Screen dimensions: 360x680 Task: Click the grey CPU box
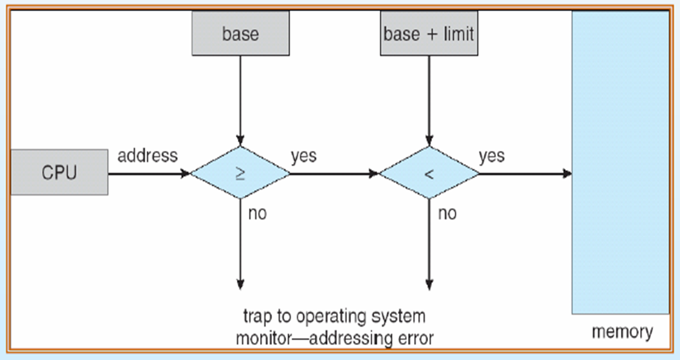coord(59,172)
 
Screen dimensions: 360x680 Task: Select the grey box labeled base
coord(241,34)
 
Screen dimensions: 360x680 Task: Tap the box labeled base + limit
coord(429,34)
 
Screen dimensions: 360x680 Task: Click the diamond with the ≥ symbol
coord(241,173)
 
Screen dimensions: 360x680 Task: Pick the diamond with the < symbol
coord(429,173)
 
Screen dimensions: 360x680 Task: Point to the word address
coord(147,156)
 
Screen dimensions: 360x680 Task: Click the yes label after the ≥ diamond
coord(303,156)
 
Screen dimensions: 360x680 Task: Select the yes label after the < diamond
coord(492,156)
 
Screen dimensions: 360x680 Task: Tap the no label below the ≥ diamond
coord(257,214)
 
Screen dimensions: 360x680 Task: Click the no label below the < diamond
coord(447,214)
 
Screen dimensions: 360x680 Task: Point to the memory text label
coord(622,332)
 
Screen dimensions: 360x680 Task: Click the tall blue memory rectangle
coord(620,160)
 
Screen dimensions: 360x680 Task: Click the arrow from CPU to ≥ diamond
coord(149,173)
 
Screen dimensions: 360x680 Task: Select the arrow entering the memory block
coord(525,173)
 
